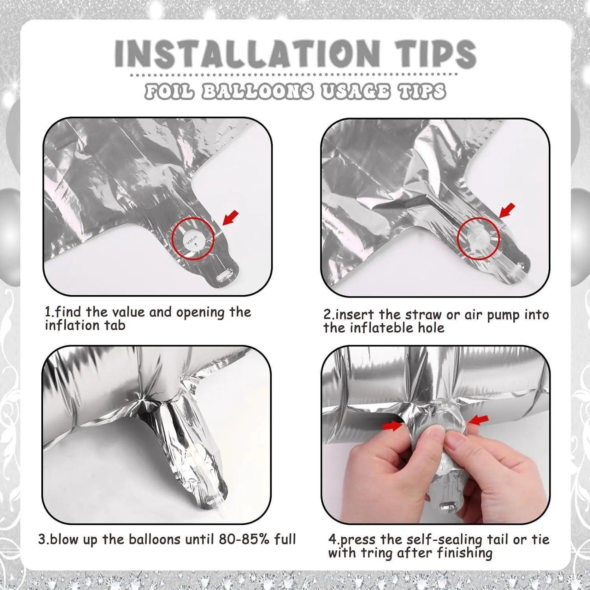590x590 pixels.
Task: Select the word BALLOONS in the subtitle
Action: click(257, 92)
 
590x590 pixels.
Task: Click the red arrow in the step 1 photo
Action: click(230, 218)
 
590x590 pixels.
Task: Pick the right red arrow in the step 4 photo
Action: click(478, 420)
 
